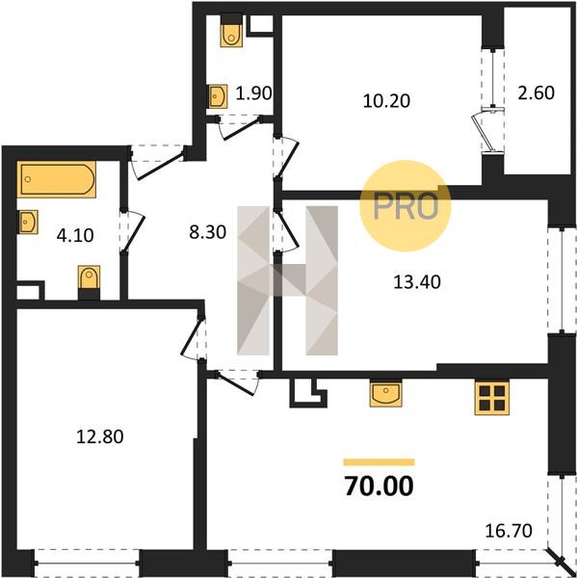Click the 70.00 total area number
pyautogui.click(x=379, y=486)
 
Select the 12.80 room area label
pyautogui.click(x=100, y=436)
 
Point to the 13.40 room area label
pyautogui.click(x=417, y=282)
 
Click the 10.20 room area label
pyautogui.click(x=386, y=101)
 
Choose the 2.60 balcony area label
pyautogui.click(x=537, y=92)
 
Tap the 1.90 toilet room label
pyautogui.click(x=253, y=93)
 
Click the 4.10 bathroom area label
pyautogui.click(x=75, y=236)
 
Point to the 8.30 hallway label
pyautogui.click(x=207, y=232)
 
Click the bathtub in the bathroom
pyautogui.click(x=57, y=179)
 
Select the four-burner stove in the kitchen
pyautogui.click(x=492, y=398)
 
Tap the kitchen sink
pyautogui.click(x=386, y=394)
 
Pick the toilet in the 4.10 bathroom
pyautogui.click(x=89, y=282)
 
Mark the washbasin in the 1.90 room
pyautogui.click(x=218, y=96)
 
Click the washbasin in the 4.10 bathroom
pyautogui.click(x=28, y=222)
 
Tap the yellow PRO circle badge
pyautogui.click(x=406, y=206)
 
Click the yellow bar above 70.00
pyautogui.click(x=379, y=462)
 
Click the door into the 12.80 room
pyautogui.click(x=194, y=338)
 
